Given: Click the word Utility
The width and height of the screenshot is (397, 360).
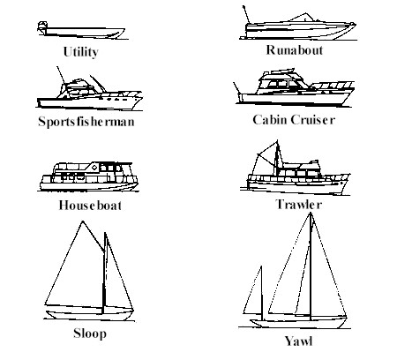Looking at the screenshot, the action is [x=81, y=52].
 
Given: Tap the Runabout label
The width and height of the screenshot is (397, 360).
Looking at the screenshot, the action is [x=295, y=50].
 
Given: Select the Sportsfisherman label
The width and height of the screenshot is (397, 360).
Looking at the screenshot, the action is [x=86, y=122].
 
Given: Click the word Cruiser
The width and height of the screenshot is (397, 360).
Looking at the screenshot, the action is [x=313, y=120].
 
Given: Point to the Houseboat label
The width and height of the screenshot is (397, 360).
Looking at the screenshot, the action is [x=90, y=205].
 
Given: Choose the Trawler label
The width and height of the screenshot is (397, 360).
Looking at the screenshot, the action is [x=299, y=205].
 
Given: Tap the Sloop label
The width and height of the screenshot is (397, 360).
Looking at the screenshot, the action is [x=90, y=334].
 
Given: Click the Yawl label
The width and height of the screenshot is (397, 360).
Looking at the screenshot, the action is [x=298, y=341].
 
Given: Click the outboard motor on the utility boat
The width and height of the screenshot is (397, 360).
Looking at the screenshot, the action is [x=42, y=28].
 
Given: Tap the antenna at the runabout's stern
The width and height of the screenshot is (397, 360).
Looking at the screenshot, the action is [x=246, y=15].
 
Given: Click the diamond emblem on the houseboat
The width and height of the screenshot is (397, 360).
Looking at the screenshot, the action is [x=94, y=168].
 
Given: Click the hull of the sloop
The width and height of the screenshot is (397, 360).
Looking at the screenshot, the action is [x=89, y=315].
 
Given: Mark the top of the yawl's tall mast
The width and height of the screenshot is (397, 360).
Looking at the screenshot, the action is [x=311, y=213].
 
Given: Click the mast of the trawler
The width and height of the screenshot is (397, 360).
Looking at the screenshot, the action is [x=277, y=158].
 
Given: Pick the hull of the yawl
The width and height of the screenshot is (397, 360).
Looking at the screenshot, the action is [x=298, y=323].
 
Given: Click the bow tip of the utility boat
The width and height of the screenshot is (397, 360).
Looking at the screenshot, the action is [x=125, y=29].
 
